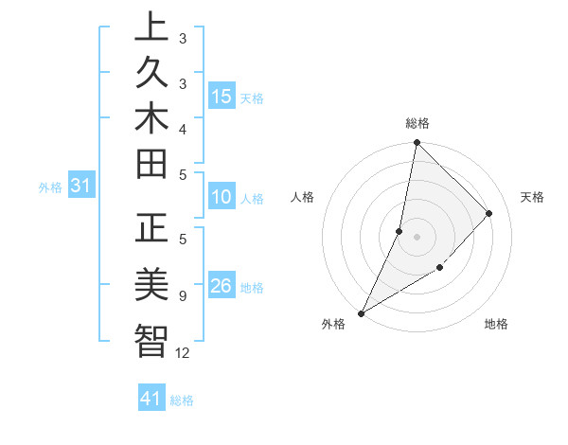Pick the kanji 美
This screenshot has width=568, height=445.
tap(151, 284)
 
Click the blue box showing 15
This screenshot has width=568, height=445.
tap(222, 96)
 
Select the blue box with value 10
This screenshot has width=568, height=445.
tap(222, 197)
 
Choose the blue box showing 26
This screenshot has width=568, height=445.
tap(222, 285)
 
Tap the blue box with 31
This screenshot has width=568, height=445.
tap(81, 187)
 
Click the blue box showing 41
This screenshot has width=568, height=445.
tap(151, 399)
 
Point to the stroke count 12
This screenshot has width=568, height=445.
tap(183, 353)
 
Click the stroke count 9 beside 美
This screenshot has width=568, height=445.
tap(183, 296)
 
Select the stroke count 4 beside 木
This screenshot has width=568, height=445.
tap(183, 129)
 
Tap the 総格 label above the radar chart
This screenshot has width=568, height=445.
tap(417, 123)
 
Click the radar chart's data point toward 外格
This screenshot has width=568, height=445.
tap(361, 313)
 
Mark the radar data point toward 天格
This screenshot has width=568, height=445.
tap(489, 213)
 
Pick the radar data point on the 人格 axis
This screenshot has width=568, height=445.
tap(399, 231)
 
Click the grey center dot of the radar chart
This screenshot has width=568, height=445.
tap(417, 237)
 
